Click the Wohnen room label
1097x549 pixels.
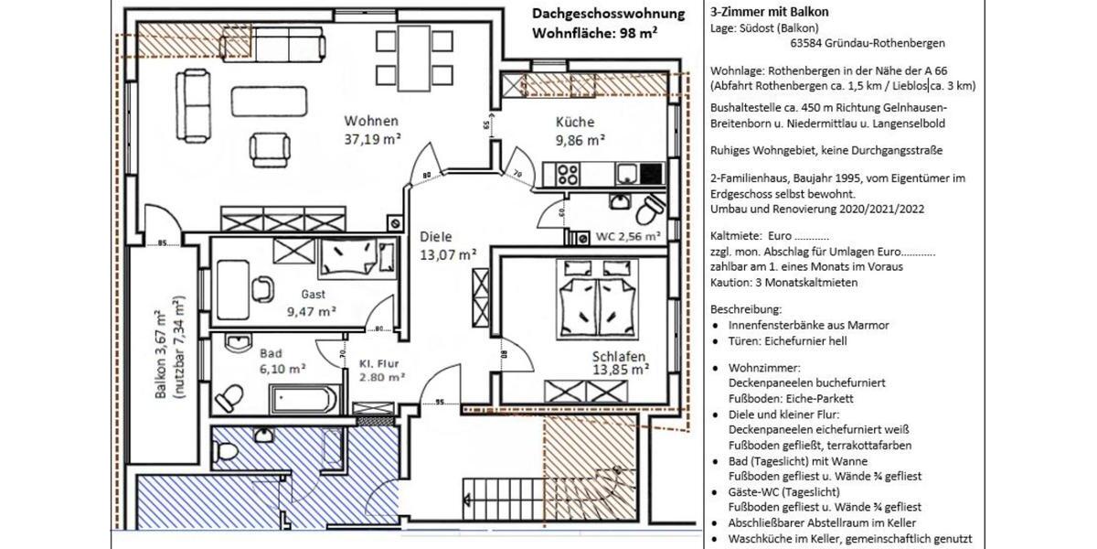click(x=371, y=121)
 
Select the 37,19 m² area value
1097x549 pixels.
click(x=373, y=140)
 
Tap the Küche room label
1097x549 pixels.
click(x=575, y=122)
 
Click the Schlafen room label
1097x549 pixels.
click(x=619, y=356)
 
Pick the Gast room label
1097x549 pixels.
click(x=313, y=295)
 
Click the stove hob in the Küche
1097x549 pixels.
click(x=560, y=173)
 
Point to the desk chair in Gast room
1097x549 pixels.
click(x=261, y=287)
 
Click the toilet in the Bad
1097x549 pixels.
click(x=229, y=397)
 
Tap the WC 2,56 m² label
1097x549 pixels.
click(x=628, y=236)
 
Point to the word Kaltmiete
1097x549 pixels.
click(x=731, y=235)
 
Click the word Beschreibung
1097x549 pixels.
click(x=745, y=309)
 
